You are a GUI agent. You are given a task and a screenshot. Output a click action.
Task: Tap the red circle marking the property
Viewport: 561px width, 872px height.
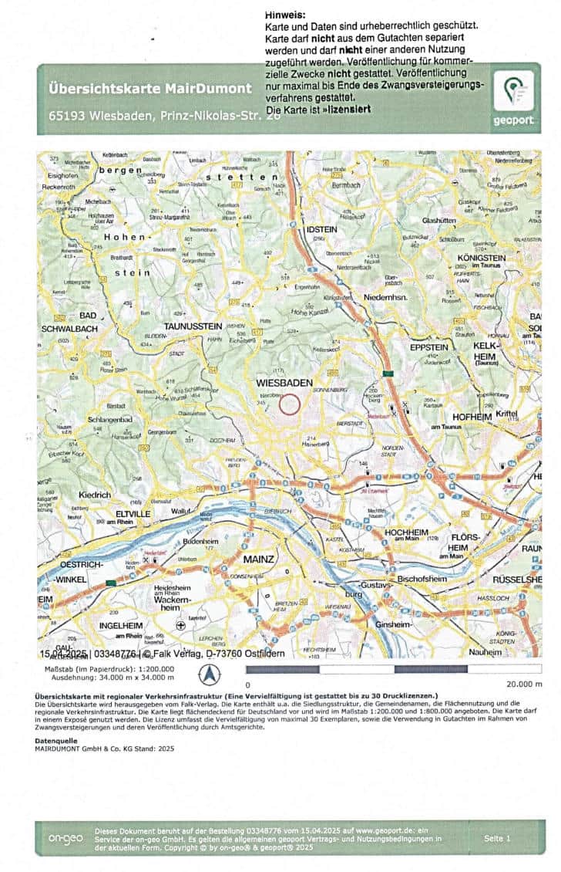[289, 403]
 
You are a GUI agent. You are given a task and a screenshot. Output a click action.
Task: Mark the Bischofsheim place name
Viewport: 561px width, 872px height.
[423, 578]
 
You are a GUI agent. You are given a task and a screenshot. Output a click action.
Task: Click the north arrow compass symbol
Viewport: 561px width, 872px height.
[209, 675]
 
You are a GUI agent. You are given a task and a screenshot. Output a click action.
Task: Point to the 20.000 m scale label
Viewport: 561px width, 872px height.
[523, 684]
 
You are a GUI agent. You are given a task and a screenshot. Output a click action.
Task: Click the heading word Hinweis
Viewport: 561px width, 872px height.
[284, 15]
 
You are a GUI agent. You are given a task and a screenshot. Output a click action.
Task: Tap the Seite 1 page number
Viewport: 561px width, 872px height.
[498, 837]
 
